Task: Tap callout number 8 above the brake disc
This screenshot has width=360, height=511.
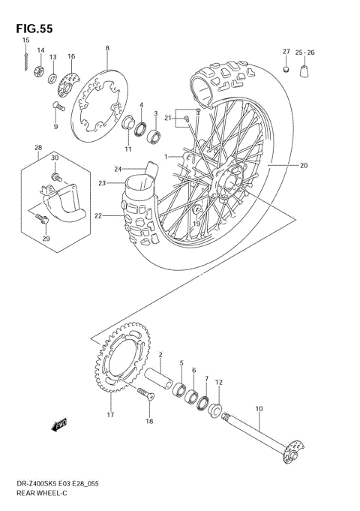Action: (x=107, y=48)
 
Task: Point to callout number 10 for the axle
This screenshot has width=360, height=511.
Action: (x=259, y=409)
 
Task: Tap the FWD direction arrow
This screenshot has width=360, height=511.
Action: (x=59, y=425)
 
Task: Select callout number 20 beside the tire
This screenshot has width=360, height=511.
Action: (x=304, y=166)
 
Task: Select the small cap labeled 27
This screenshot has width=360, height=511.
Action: (x=286, y=71)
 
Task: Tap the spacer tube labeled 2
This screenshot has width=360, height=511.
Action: (x=161, y=371)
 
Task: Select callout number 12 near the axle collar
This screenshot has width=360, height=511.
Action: (x=219, y=382)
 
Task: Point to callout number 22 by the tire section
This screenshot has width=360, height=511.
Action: (x=97, y=216)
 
